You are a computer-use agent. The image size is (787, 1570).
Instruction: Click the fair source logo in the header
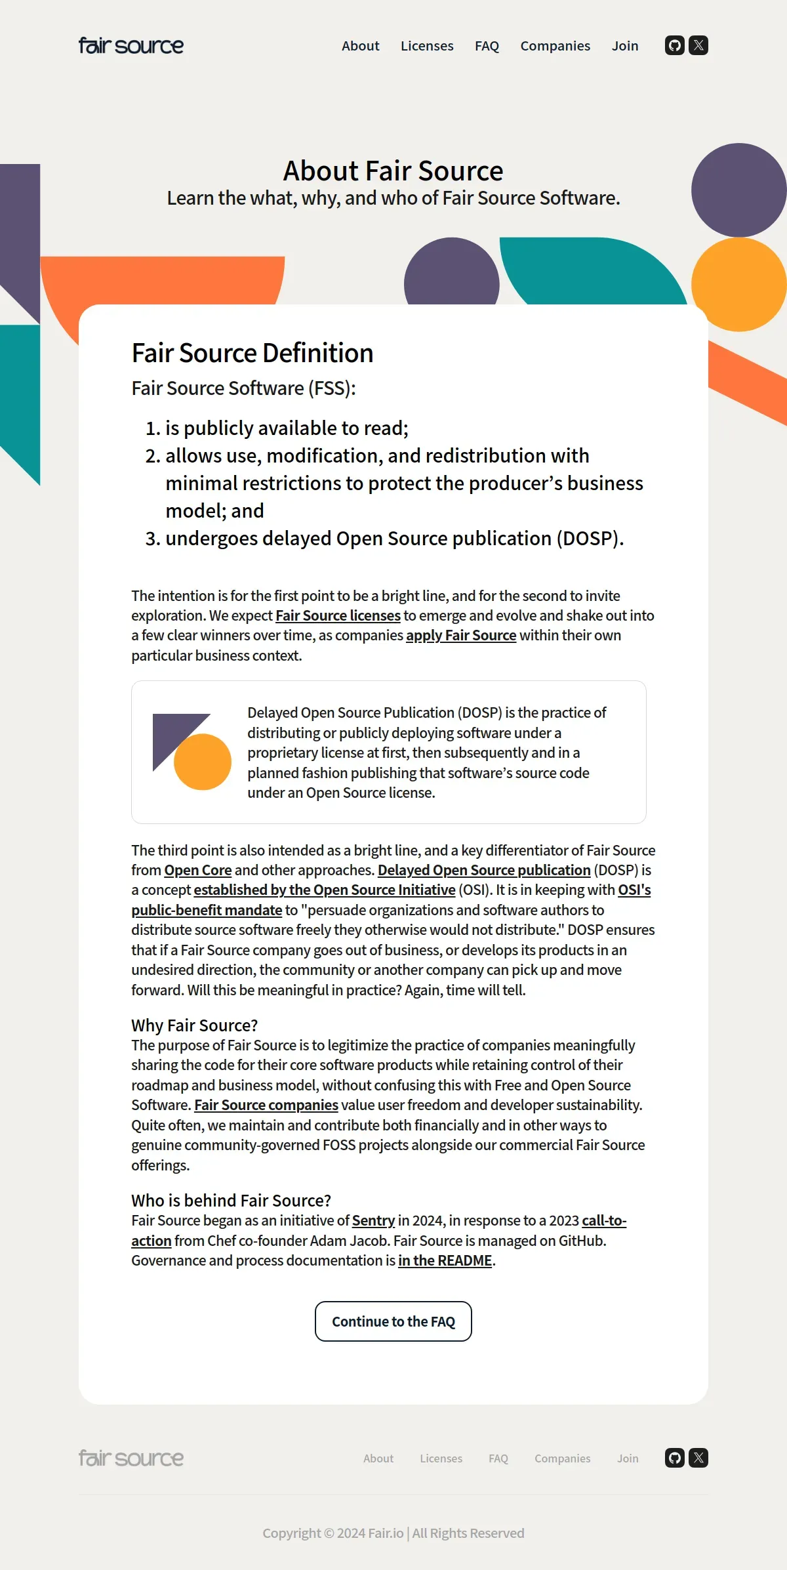pos(131,46)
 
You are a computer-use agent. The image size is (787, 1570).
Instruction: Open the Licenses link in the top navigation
pos(427,46)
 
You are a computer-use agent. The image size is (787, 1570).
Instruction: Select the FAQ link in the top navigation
pos(487,46)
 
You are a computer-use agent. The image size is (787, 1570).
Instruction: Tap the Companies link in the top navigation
pos(555,46)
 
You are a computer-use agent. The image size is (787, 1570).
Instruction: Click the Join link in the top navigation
pos(625,46)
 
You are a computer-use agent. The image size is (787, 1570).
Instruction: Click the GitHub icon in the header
pos(675,45)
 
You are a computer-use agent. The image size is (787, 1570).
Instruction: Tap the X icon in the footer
pos(699,1458)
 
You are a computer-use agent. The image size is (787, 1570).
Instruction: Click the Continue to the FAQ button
pos(393,1321)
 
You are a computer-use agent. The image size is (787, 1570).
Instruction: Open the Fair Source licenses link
pos(338,615)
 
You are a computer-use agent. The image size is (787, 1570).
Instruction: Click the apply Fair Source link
pos(461,635)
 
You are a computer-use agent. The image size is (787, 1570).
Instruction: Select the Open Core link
pos(198,870)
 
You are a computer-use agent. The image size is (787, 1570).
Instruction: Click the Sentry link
pos(373,1220)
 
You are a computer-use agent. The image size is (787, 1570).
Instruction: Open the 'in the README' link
pos(445,1260)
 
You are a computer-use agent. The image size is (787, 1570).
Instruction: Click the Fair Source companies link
pos(266,1105)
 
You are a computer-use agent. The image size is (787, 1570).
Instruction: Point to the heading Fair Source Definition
pos(252,353)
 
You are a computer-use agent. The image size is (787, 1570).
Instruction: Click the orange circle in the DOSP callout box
pos(203,762)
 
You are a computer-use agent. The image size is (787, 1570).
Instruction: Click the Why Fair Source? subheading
pos(195,1025)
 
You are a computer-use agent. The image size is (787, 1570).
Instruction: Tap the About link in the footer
pos(378,1458)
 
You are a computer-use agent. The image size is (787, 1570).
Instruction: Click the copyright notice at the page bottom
pos(393,1533)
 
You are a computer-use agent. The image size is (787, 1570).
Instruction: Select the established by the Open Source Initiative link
pos(325,890)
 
